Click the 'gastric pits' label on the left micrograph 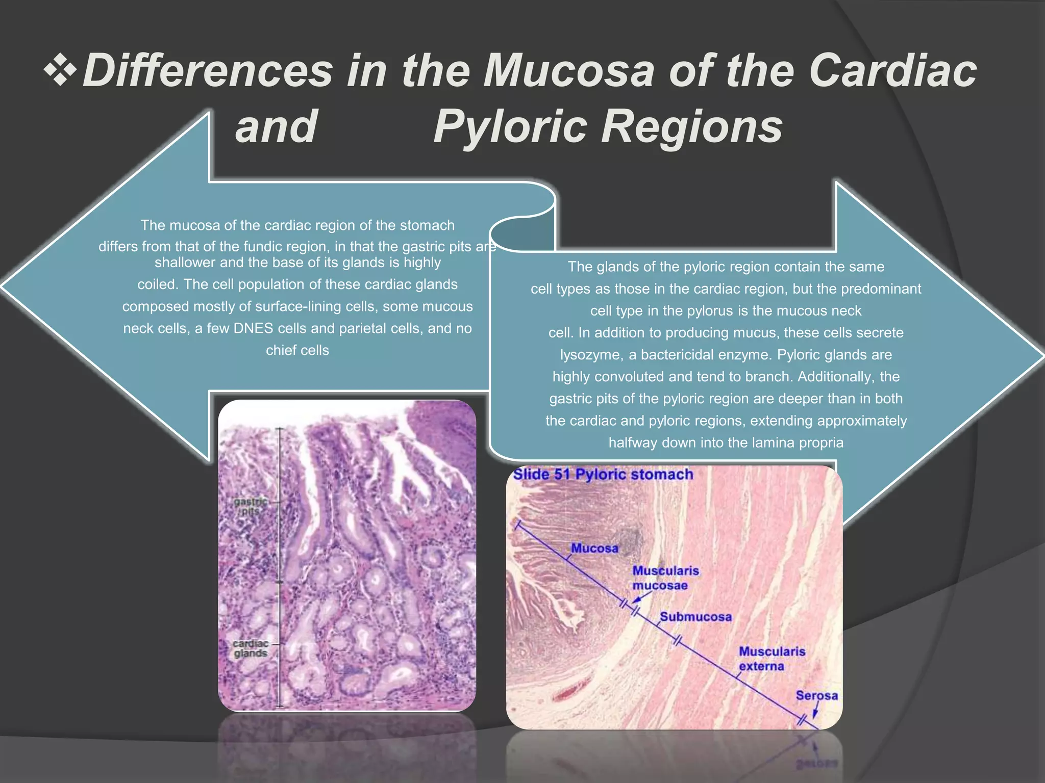point(250,506)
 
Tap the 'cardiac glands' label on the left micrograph point(251,648)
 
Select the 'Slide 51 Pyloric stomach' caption point(603,475)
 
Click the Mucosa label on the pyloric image point(594,549)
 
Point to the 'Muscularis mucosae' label point(665,578)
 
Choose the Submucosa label point(695,617)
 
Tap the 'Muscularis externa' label point(772,659)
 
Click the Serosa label point(816,695)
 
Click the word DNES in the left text point(254,328)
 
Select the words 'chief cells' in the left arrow point(297,350)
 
